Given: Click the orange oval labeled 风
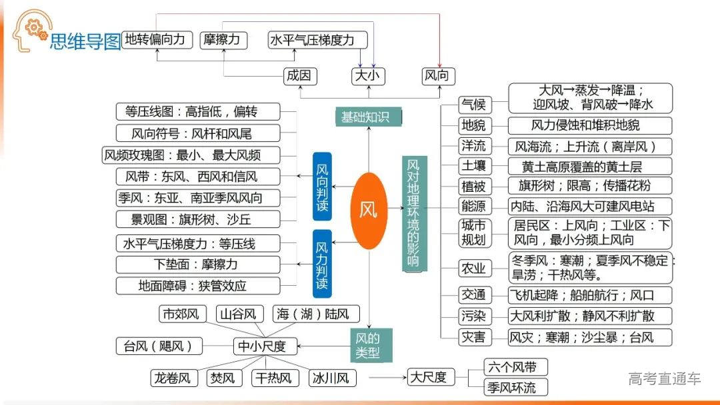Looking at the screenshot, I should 369,210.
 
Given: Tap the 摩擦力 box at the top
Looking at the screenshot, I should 223,40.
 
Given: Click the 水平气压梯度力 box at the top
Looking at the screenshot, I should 318,40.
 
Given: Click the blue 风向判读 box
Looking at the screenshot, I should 322,187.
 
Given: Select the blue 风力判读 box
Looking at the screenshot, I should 322,263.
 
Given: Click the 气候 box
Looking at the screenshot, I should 474,105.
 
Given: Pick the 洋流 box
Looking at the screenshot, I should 474,146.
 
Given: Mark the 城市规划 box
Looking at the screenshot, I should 474,232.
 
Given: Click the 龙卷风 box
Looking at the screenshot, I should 174,378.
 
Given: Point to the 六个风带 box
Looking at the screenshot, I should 517,366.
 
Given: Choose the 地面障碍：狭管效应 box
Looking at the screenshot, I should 199,286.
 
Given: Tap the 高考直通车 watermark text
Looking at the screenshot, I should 665,379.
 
